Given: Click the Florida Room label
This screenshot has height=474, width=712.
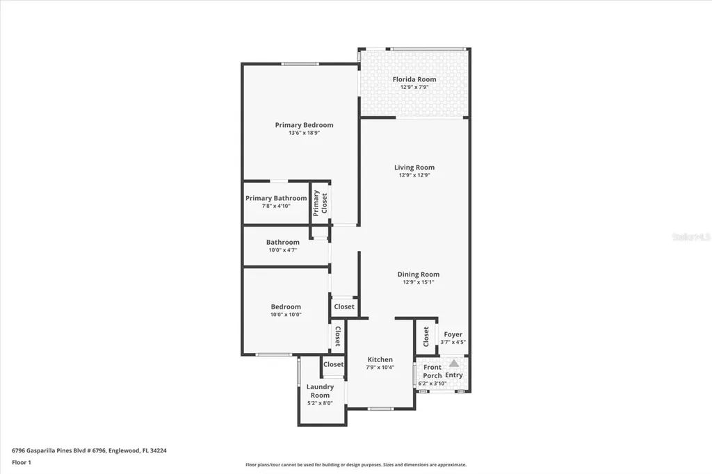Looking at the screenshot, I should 414,79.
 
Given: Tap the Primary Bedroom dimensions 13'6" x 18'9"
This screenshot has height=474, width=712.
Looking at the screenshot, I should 304,133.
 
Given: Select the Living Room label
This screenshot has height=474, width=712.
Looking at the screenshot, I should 414,167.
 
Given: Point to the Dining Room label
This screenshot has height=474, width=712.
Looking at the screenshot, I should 418,275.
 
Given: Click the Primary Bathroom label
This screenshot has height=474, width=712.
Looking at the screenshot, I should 276,198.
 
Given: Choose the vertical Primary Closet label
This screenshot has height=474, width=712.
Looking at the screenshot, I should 320,203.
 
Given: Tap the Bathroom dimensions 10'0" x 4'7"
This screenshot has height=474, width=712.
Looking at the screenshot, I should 282,250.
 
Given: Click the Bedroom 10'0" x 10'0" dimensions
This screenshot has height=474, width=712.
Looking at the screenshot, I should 286,315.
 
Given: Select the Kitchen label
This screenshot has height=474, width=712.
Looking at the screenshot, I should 380,359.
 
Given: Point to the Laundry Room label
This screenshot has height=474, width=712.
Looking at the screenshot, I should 321,391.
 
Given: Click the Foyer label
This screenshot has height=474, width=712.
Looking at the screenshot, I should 453,334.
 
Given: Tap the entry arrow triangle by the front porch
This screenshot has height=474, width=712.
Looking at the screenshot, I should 453,363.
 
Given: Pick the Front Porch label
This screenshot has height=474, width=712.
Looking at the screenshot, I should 432,371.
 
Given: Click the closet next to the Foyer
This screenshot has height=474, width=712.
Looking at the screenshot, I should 426,337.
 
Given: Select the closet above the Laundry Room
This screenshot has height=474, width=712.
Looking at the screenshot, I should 333,364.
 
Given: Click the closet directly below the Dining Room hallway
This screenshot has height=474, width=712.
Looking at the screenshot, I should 343,307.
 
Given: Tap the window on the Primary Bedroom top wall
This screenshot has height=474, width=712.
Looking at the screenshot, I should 300,64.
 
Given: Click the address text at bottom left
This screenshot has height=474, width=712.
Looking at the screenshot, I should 89,450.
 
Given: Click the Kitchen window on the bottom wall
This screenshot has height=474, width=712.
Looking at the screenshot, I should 380,409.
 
